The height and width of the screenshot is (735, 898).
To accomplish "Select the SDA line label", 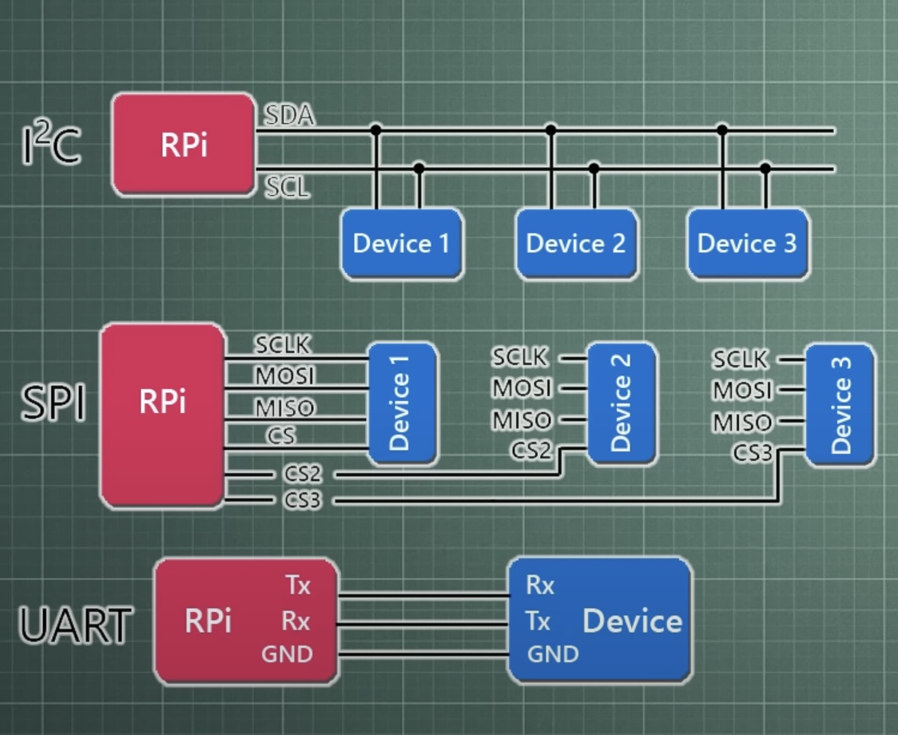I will click(289, 116).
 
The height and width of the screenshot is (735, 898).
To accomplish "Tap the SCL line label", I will click(287, 189).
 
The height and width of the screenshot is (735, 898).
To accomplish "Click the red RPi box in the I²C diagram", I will click(184, 144).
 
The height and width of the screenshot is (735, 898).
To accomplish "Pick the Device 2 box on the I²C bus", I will click(576, 244).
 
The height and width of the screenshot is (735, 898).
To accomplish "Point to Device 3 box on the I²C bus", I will click(747, 244).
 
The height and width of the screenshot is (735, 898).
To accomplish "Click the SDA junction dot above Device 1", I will click(375, 129).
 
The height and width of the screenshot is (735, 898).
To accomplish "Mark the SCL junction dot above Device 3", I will click(765, 169).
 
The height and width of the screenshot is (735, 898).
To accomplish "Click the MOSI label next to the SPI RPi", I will click(285, 375).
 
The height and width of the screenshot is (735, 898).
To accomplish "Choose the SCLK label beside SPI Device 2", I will click(521, 356).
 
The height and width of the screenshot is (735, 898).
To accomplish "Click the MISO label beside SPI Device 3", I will click(742, 422).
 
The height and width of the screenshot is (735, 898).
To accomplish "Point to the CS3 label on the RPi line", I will click(302, 501).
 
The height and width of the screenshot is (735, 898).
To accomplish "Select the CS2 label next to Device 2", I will click(531, 451).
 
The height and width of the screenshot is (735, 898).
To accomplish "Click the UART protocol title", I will click(75, 625).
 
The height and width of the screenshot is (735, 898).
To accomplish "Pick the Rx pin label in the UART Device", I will click(540, 586).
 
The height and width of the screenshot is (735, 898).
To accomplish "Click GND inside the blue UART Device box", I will click(553, 654).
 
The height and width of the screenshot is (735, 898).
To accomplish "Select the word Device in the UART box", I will click(633, 621).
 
